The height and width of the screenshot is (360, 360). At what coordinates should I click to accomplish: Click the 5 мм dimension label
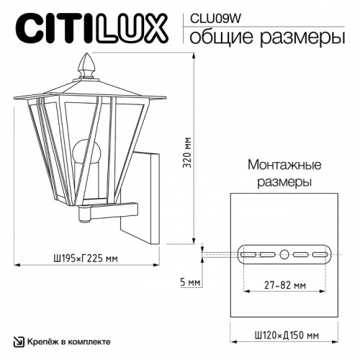(190, 282)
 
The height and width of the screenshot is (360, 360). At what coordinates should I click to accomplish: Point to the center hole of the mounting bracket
(284, 254)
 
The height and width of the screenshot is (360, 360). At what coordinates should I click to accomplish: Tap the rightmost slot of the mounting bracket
(320, 254)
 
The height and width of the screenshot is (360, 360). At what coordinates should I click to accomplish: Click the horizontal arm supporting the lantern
(115, 209)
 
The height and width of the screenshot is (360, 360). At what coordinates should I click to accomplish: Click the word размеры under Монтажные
(284, 181)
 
